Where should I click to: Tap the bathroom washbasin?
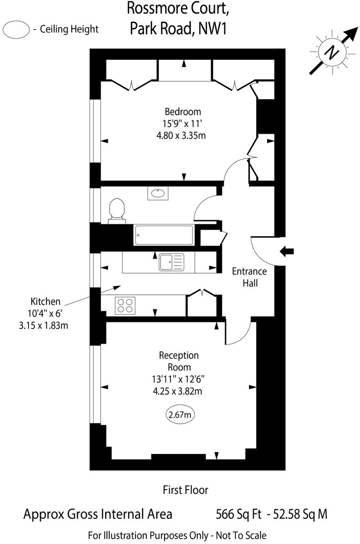click(158, 193)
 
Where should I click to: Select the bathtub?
click(164, 235)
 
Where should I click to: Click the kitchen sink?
click(171, 262)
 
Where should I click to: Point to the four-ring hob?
click(125, 305)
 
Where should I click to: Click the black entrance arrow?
click(287, 251)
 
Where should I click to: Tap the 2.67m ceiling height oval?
click(180, 414)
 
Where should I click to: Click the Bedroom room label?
click(183, 112)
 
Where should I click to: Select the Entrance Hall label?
click(249, 277)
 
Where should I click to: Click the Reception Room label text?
click(179, 361)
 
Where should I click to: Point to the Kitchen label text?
click(45, 301)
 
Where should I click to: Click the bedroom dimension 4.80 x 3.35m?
click(181, 135)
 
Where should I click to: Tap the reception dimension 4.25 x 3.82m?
click(178, 391)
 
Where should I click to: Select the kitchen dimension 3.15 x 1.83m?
click(43, 325)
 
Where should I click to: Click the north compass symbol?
click(332, 53)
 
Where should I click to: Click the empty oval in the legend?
click(16, 29)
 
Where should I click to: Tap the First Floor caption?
click(185, 490)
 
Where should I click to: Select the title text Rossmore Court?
click(178, 8)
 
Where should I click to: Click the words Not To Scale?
click(241, 535)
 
